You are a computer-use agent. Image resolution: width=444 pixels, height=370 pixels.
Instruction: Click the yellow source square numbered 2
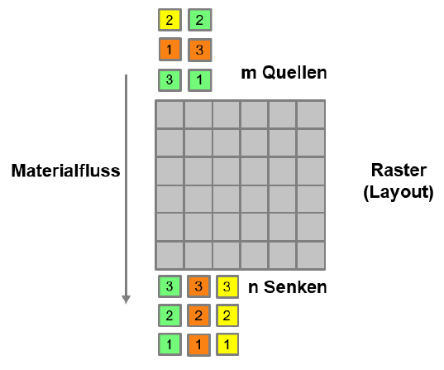(x=169, y=20)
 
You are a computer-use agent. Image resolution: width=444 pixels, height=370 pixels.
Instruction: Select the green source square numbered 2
(x=199, y=20)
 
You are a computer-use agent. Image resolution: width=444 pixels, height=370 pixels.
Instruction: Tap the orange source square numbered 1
(x=169, y=50)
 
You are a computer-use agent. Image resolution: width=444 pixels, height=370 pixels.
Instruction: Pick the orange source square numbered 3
(x=199, y=50)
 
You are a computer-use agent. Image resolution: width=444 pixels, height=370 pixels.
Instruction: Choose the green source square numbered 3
(x=169, y=80)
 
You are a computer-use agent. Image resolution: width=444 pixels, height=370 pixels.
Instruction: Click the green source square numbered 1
(x=199, y=80)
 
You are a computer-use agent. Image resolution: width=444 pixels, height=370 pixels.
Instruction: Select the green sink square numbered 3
(x=169, y=286)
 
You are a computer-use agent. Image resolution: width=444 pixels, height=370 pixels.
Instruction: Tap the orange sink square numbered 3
(x=198, y=286)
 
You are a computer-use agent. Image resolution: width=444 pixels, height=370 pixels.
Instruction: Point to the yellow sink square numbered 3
(x=227, y=286)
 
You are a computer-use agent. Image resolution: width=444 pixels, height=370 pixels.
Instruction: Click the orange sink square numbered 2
(x=198, y=315)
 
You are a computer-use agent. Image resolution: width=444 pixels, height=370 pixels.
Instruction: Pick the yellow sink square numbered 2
(x=227, y=315)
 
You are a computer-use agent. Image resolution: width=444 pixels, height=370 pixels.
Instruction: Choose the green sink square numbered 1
(x=169, y=344)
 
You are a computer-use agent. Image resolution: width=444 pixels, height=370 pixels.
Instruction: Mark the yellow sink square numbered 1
(x=227, y=344)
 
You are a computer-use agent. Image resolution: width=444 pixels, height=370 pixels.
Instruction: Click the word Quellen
(x=294, y=73)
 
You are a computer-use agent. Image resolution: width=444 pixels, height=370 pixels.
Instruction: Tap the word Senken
(x=295, y=287)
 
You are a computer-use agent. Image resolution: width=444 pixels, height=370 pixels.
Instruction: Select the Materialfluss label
(x=65, y=171)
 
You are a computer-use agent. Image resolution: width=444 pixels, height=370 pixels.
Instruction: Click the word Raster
(x=399, y=171)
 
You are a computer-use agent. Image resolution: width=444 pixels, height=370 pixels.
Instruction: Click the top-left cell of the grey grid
(x=169, y=115)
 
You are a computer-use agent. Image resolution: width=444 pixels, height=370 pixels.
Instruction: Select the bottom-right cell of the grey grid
(x=311, y=255)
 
